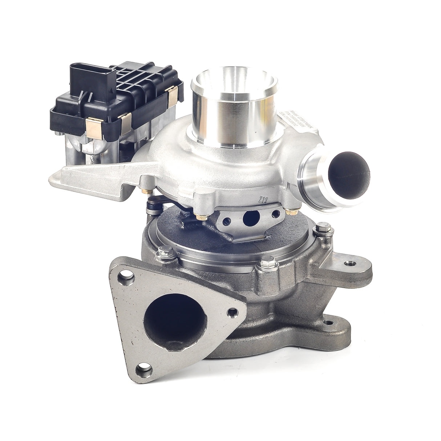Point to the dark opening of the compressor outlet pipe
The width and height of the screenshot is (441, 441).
tap(349, 174)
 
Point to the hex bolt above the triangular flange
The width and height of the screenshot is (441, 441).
tap(163, 251)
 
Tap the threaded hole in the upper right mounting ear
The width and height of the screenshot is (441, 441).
tap(351, 262)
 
